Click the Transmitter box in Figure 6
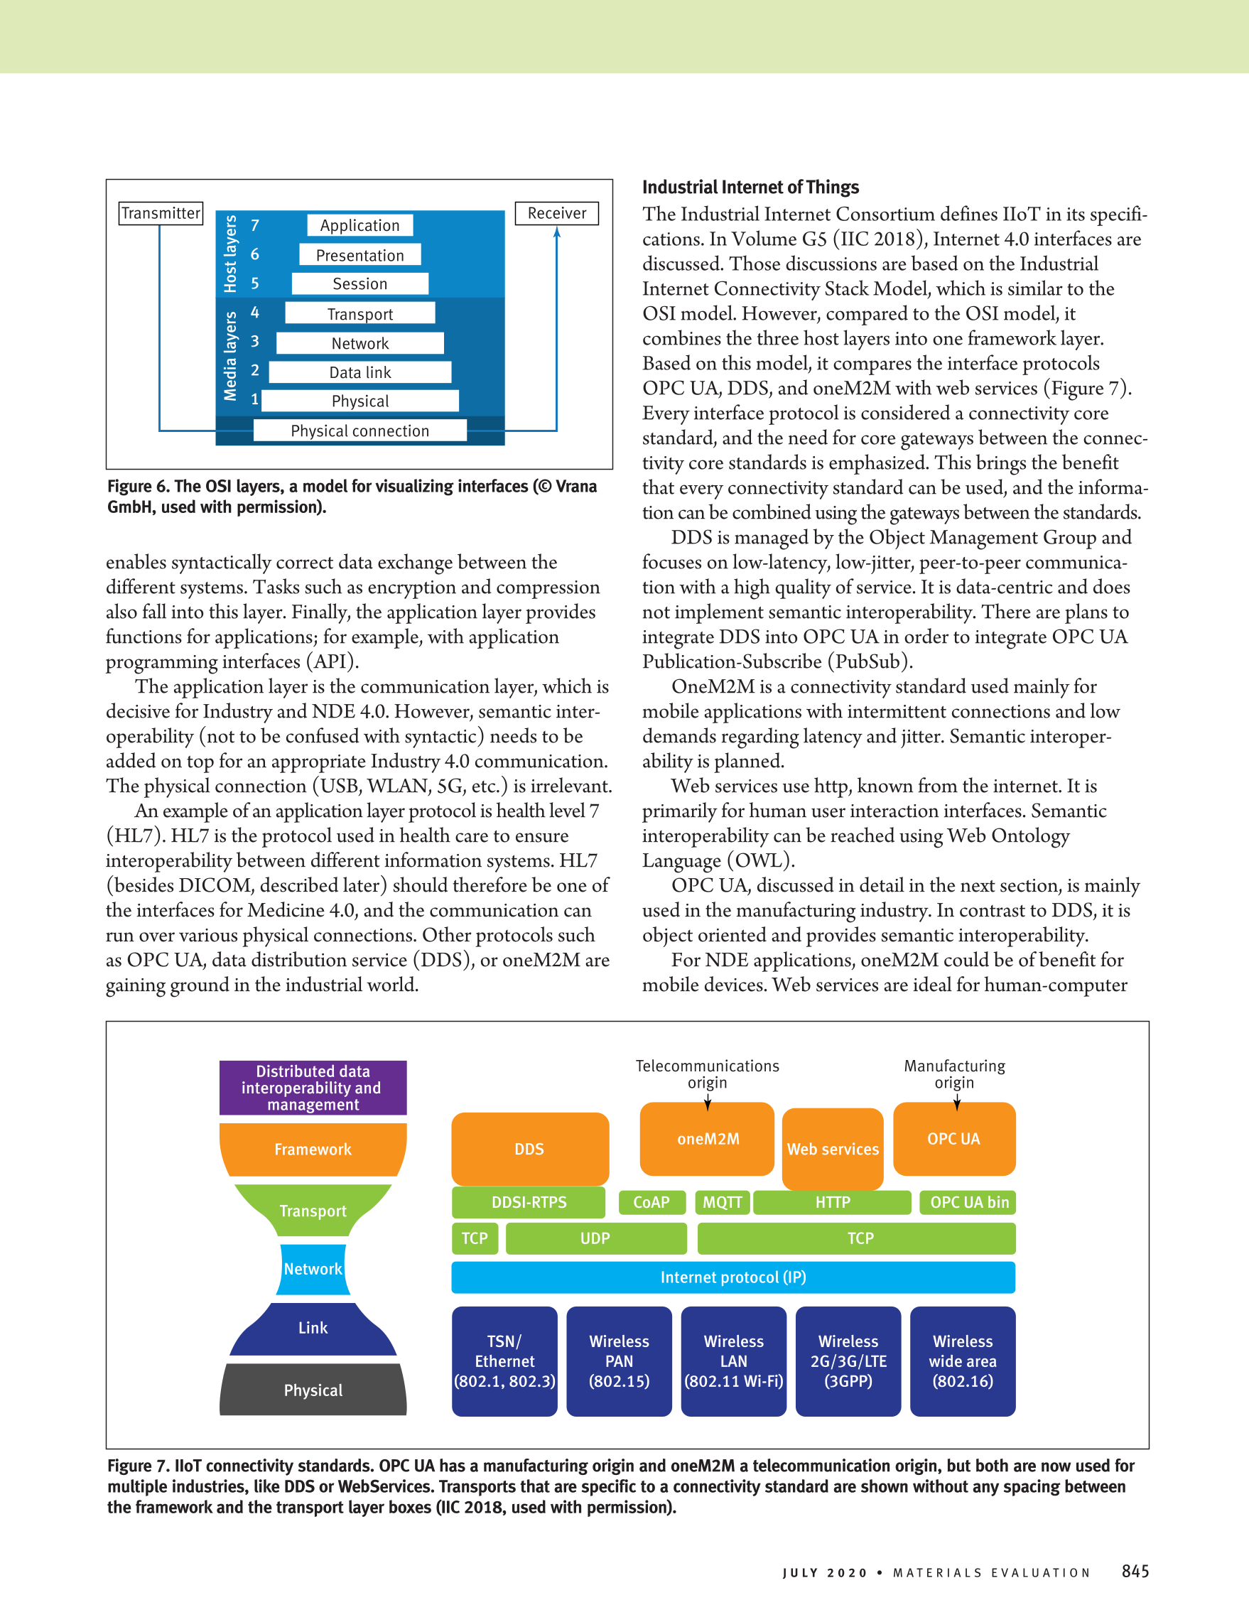click(x=161, y=213)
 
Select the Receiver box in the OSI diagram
click(x=557, y=213)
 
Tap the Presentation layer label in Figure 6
click(x=360, y=255)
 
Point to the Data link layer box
click(x=360, y=372)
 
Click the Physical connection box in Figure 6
click(x=360, y=431)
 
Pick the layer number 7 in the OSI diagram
click(x=254, y=225)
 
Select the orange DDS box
click(x=529, y=1148)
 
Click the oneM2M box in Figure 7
click(x=708, y=1138)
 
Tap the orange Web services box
click(x=833, y=1148)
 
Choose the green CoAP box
click(x=651, y=1201)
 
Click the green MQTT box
click(x=723, y=1201)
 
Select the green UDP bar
click(x=595, y=1238)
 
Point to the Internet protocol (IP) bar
click(x=733, y=1277)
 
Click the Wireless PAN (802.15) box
click(x=619, y=1361)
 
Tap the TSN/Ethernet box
click(x=504, y=1361)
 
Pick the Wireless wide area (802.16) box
click(x=963, y=1361)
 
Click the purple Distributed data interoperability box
click(x=313, y=1087)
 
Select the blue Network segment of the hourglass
click(x=313, y=1268)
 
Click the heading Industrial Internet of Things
click(x=750, y=187)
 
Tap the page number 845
click(x=1135, y=1571)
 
